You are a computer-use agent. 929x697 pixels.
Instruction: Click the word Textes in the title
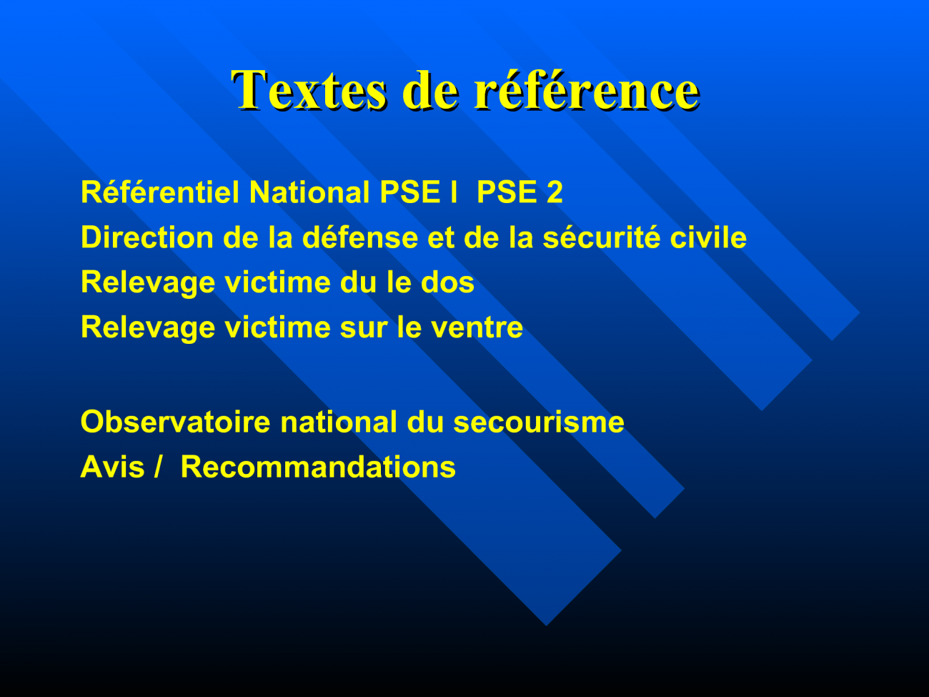(x=309, y=90)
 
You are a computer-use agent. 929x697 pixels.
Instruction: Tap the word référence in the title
(x=587, y=90)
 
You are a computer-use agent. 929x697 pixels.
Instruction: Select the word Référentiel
(x=160, y=192)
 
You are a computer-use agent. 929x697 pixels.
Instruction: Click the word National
(x=309, y=192)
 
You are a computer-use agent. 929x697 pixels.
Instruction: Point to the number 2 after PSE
(x=555, y=192)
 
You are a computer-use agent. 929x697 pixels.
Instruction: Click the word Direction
(x=147, y=237)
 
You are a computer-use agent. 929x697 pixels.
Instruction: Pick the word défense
(x=360, y=237)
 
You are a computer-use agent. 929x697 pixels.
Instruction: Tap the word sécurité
(x=602, y=237)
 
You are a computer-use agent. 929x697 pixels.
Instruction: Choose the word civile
(x=708, y=237)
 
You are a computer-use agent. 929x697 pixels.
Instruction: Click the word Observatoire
(x=175, y=422)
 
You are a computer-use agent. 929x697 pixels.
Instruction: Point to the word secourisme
(x=539, y=422)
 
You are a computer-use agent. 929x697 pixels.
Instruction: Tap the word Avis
(x=113, y=468)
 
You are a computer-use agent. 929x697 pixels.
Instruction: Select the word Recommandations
(x=318, y=468)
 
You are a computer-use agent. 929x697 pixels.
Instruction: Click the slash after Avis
(x=158, y=468)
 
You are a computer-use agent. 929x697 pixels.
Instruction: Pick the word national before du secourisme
(x=339, y=422)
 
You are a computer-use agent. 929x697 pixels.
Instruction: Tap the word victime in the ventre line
(x=277, y=327)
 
